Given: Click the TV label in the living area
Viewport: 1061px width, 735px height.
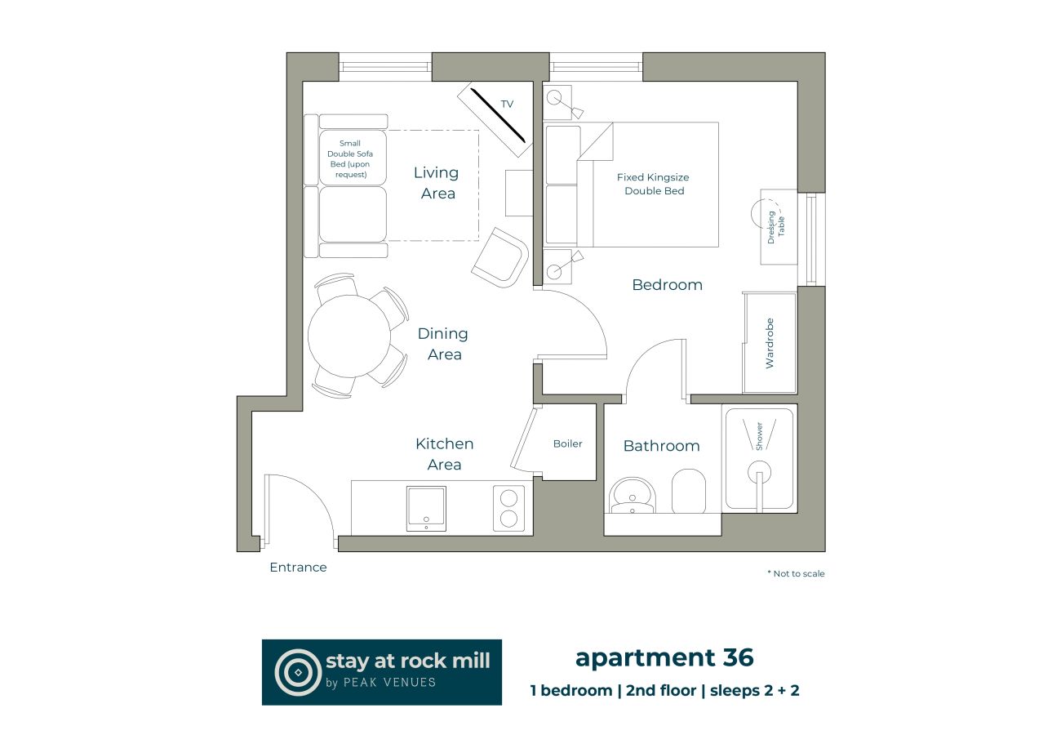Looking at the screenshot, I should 507,105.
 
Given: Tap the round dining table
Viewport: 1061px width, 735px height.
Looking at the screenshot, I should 349,335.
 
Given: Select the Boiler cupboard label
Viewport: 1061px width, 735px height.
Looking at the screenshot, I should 568,443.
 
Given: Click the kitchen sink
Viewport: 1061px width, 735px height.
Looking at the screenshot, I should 426,508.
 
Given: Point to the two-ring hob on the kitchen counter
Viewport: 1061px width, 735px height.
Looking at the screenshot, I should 509,508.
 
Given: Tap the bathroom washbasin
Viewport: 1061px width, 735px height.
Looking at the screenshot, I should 631,497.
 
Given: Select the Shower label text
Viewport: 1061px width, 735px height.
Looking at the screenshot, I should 759,436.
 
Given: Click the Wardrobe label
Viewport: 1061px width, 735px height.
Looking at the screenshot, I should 770,343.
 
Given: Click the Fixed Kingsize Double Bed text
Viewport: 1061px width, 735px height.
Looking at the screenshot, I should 654,184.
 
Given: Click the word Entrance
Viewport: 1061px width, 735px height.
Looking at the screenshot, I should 298,568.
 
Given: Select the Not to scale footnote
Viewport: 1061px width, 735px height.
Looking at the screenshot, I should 796,574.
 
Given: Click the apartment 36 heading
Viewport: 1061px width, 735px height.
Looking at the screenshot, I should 664,657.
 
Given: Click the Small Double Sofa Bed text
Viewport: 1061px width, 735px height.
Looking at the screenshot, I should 349,159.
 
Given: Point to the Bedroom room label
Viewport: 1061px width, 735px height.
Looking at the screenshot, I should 667,285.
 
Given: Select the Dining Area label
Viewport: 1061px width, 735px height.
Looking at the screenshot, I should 443,344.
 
